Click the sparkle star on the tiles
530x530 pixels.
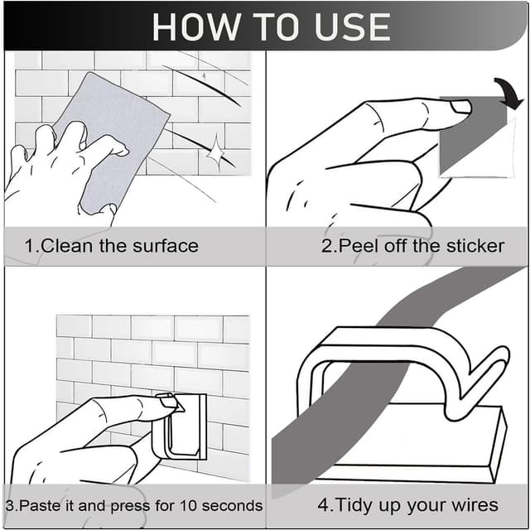click(215, 152)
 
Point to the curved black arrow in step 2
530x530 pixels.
click(511, 92)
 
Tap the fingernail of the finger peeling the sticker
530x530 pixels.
click(461, 107)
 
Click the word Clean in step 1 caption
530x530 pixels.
click(66, 246)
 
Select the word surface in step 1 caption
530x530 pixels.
click(166, 246)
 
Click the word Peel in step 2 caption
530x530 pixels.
click(359, 246)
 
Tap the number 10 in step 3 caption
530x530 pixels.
click(188, 506)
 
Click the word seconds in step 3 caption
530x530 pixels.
click(232, 506)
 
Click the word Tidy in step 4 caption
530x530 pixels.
click(354, 504)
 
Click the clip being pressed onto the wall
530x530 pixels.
click(180, 426)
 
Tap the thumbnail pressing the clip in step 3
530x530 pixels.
click(169, 402)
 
